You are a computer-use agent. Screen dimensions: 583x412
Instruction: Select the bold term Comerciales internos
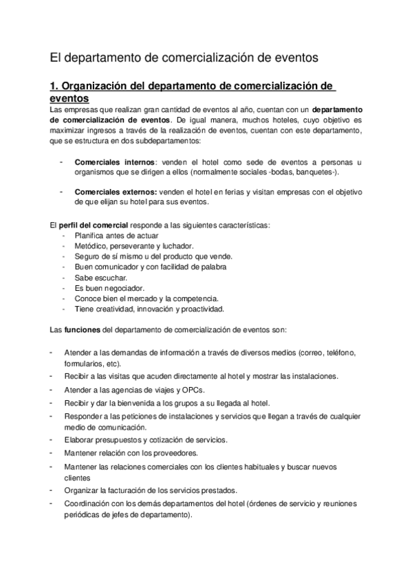(105, 162)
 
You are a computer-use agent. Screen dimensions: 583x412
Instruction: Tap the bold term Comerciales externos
(107, 192)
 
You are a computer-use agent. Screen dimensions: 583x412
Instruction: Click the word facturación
(127, 490)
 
